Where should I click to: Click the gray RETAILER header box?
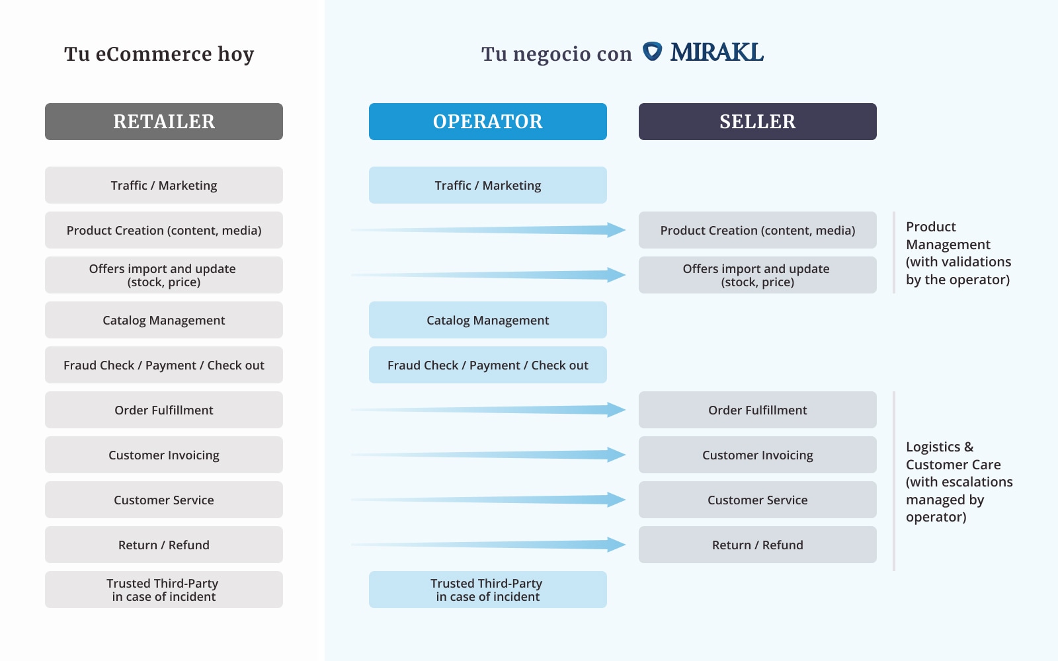coord(164,122)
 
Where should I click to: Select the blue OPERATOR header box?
coord(488,122)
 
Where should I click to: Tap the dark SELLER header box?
coord(758,122)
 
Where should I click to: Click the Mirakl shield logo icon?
coord(652,52)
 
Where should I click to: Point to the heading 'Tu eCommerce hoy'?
coord(159,54)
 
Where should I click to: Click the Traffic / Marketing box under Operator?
coord(488,185)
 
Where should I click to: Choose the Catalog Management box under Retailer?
coord(164,320)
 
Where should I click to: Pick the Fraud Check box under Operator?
coord(488,365)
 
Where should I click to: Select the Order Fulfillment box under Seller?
coord(758,410)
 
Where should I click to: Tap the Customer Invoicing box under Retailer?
coord(164,455)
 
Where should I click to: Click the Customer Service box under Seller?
coord(758,500)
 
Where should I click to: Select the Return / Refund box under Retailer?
coord(164,545)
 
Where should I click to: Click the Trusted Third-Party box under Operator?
coord(488,590)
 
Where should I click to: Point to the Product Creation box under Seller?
coord(758,230)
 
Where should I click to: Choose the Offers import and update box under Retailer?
coord(164,275)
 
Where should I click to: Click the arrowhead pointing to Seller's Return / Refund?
coord(616,545)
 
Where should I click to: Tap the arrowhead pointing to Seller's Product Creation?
coord(616,230)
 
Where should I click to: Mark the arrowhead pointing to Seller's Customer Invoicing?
coord(616,455)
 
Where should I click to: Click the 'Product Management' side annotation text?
coord(958,253)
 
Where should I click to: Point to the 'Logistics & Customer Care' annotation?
coord(959,482)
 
